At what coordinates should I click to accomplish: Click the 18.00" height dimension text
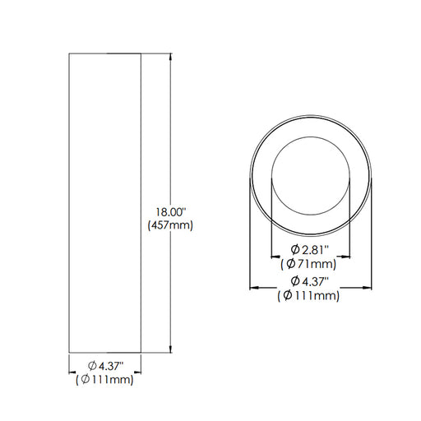[171, 212]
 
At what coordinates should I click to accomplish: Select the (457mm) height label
[170, 225]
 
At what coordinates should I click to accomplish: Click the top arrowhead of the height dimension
[171, 57]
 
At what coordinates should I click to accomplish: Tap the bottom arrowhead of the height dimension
[171, 349]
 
